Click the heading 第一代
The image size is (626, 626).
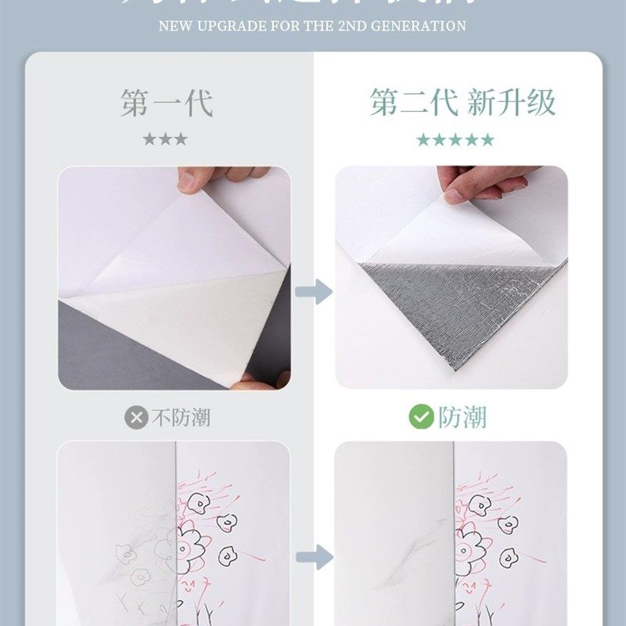point(167,103)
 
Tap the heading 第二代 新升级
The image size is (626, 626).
point(463,103)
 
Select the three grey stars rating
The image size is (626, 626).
point(165,139)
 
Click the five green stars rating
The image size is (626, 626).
point(455,139)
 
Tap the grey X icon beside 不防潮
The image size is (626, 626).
point(136,418)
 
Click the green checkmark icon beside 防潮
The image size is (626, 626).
point(421,417)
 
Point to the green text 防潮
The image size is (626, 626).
point(462,417)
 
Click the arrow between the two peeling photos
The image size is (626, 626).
point(313,293)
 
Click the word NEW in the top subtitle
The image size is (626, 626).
point(174,26)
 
